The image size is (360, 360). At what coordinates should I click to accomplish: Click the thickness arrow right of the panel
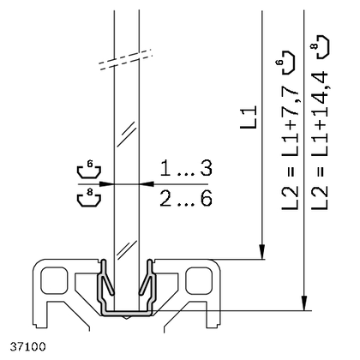click(x=147, y=183)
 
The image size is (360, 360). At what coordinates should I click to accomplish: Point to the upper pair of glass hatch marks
click(x=126, y=135)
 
